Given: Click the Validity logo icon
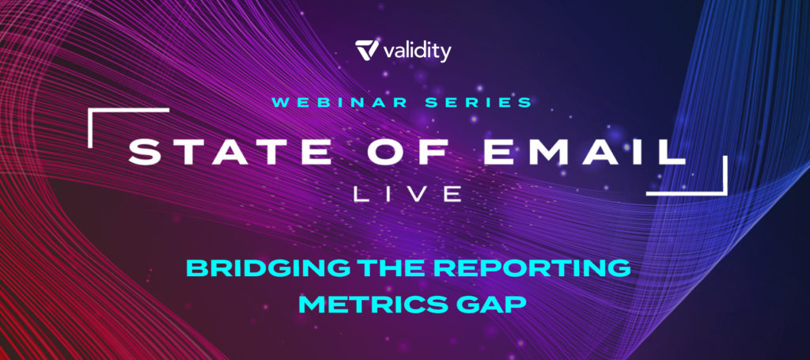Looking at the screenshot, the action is pos(367,50).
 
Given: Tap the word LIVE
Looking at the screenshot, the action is pos(408,194).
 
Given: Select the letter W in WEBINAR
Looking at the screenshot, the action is pos(281,102).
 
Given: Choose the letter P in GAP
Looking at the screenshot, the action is pos(517,304).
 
